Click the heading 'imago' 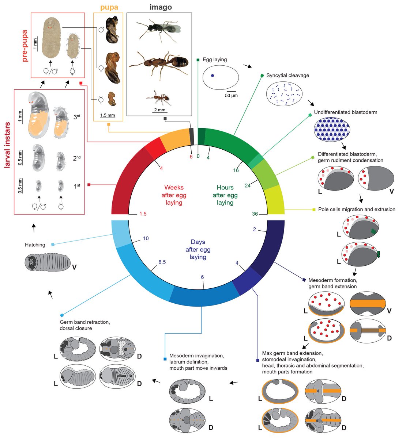coord(161,7)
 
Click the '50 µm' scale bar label coord(231,96)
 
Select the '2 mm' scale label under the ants coord(159,110)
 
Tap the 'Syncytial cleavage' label coord(287,76)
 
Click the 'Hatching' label coord(35,245)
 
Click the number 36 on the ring coord(255,214)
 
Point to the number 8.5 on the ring coord(162,262)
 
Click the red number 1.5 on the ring coord(143,214)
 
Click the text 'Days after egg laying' coord(198,249)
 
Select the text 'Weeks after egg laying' coord(174,195)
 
